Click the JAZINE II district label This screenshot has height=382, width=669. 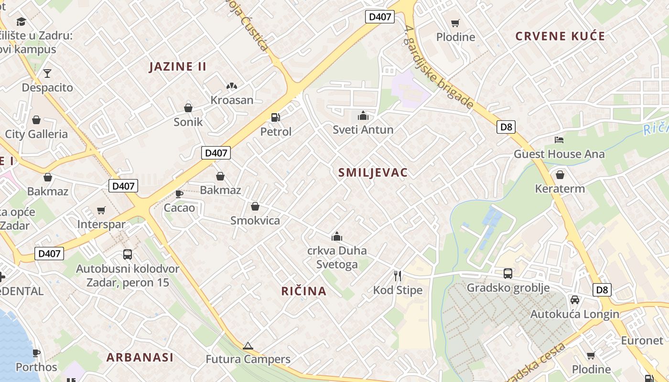pos(178,66)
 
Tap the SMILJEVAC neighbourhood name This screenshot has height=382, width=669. pos(373,173)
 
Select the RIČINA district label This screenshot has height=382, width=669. pos(304,291)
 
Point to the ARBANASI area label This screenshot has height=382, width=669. pos(140,357)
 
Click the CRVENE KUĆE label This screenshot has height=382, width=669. pos(560,36)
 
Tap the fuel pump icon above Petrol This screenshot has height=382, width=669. pos(275,117)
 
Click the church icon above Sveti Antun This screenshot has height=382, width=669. pos(363,116)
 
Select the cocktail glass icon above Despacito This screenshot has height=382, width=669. pos(47,74)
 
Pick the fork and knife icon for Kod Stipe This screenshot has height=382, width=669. pos(398,276)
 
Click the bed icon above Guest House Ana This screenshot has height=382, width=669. pos(559,139)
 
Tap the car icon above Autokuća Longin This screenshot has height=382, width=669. pos(575,300)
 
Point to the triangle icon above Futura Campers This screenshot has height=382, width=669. pos(248,346)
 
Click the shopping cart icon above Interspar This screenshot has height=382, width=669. pos(101,210)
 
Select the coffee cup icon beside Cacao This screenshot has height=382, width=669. pos(179,194)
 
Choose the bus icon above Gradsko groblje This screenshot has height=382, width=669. pos(508,274)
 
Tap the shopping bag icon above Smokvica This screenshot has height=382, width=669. pos(255,206)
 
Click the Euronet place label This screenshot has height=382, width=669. pos(642,340)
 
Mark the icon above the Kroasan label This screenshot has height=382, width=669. pos(232,86)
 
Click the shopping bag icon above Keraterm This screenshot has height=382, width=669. pos(560,175)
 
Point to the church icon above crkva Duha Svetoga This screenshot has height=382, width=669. pos(337,236)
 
